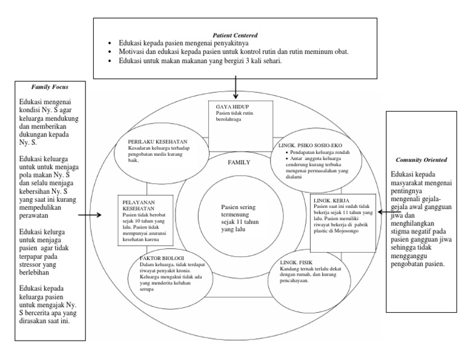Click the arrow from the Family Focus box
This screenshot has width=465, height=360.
91,215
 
